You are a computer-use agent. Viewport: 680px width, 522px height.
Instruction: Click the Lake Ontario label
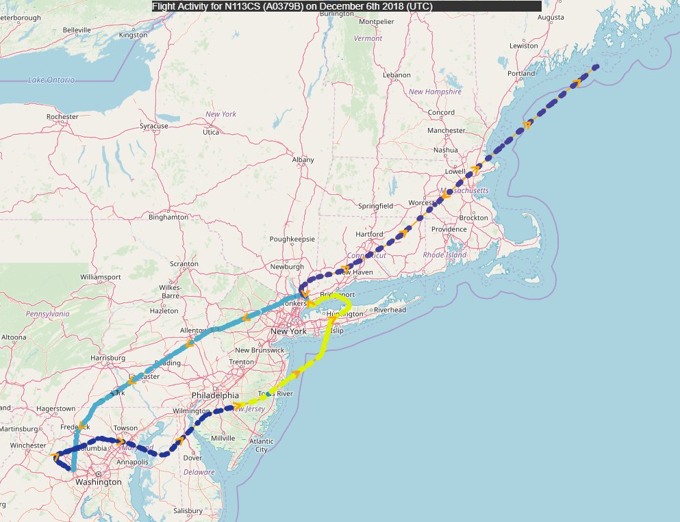(x=51, y=80)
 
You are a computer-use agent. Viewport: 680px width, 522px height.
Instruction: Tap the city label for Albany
(x=303, y=160)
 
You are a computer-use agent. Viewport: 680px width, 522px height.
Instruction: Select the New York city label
(x=288, y=332)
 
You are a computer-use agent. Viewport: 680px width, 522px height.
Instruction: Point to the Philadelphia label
(x=215, y=395)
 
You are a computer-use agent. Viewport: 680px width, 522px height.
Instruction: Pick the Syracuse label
(x=154, y=126)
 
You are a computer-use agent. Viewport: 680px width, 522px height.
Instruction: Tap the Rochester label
(x=62, y=117)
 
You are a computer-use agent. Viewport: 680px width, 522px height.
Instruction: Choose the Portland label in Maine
(x=522, y=73)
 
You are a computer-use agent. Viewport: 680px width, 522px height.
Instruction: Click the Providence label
(x=449, y=229)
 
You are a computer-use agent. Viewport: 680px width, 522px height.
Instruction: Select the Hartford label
(x=369, y=234)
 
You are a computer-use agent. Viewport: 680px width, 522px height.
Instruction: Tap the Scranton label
(x=184, y=264)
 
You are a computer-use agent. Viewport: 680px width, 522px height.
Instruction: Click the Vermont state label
(x=368, y=39)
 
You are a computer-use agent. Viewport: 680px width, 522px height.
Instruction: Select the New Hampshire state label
(x=435, y=92)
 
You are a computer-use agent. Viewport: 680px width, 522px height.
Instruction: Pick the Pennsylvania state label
(x=48, y=313)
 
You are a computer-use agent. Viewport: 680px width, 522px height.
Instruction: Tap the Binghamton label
(x=168, y=218)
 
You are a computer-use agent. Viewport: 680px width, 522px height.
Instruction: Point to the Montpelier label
(x=377, y=21)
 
